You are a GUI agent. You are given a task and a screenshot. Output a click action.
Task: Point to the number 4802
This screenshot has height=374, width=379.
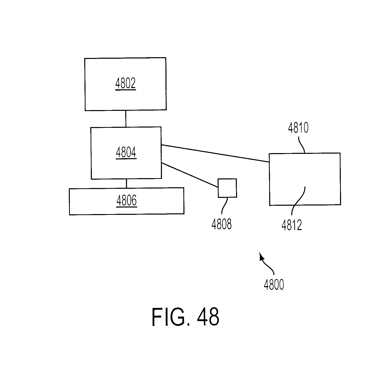coord(125,84)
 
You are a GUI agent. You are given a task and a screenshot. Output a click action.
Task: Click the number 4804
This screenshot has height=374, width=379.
coord(126,152)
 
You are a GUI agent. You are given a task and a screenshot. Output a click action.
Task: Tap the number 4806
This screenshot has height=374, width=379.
coord(127,201)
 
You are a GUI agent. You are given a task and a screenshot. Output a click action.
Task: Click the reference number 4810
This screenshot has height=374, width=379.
coord(298,128)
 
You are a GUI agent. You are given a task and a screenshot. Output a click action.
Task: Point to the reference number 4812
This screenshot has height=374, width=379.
coord(292,225)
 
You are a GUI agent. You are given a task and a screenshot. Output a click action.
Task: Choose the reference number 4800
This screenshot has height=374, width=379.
coord(274,285)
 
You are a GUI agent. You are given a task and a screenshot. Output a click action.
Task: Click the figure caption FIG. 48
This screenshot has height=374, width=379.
coord(185,317)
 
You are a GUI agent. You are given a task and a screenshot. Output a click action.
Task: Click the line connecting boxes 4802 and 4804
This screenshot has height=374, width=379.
coord(125,119)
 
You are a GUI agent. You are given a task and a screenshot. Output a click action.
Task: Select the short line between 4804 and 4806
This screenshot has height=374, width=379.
coord(126,183)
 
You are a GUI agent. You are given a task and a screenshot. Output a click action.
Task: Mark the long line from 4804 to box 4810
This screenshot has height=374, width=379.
coord(215,153)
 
